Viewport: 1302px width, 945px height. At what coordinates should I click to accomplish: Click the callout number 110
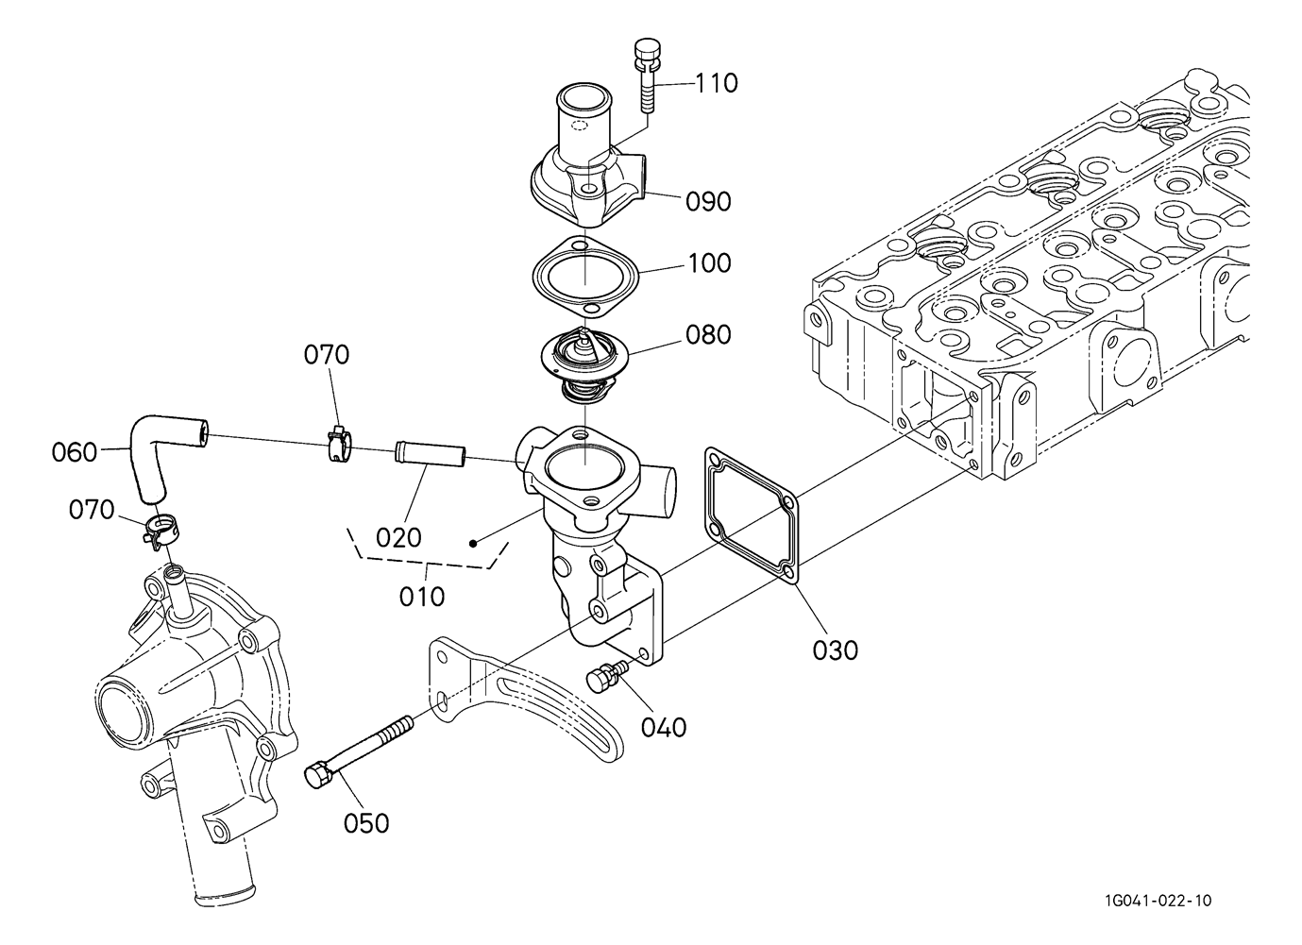point(717,84)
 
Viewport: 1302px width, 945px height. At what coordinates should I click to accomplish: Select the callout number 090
point(708,202)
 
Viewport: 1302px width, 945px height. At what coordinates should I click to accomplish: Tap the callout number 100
point(710,263)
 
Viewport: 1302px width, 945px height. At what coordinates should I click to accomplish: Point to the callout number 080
point(708,335)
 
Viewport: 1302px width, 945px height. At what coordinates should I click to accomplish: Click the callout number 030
point(836,650)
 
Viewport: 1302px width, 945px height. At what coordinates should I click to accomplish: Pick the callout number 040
point(664,727)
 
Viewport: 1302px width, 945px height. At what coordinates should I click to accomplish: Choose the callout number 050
point(366,823)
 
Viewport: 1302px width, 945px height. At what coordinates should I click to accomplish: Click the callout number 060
point(75,452)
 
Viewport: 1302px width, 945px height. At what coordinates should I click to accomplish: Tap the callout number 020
point(398,538)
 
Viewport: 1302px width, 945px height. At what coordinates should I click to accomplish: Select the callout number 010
point(422,597)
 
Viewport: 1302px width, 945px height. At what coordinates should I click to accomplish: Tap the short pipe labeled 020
point(431,453)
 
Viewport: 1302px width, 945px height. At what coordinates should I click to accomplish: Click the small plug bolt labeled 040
point(605,677)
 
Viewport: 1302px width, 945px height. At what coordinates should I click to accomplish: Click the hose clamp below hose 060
point(161,530)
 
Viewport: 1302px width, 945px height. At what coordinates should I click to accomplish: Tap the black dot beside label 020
point(473,544)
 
